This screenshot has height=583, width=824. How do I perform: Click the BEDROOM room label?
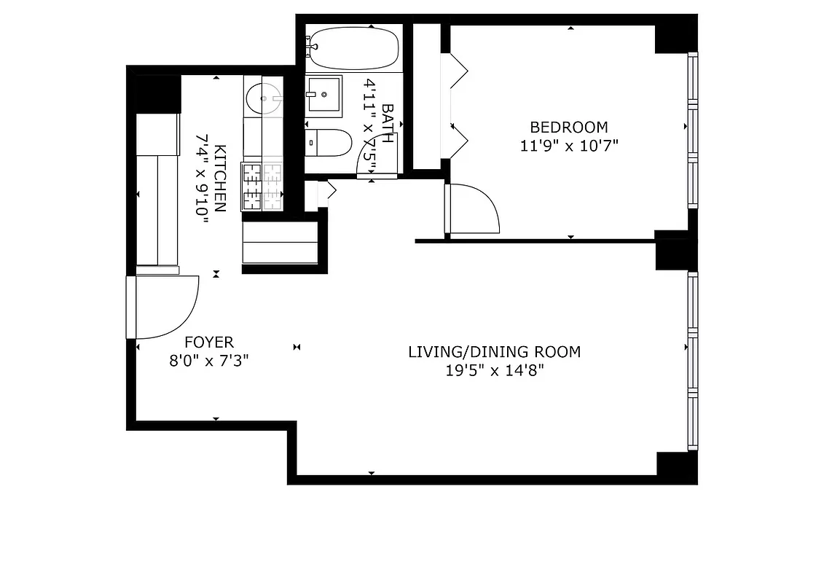coord(568,127)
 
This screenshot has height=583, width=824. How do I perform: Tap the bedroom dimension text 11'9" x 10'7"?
coord(568,145)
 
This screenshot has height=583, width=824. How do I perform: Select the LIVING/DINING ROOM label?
coord(494,352)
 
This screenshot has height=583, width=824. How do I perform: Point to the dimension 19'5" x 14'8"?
coord(495,370)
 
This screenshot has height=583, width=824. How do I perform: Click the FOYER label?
coord(209,342)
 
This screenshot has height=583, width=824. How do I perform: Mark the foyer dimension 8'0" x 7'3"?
coord(209,360)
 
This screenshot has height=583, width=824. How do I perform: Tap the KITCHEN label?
coord(221,179)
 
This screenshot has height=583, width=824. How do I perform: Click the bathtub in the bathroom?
coord(352,48)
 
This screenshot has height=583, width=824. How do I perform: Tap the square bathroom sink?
coord(323,95)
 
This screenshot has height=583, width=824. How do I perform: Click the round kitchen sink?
coord(262,98)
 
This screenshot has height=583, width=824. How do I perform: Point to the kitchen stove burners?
coord(263,186)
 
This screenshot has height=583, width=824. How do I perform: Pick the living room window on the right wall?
coord(693,361)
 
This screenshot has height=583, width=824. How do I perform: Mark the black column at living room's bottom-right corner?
coord(675,465)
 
